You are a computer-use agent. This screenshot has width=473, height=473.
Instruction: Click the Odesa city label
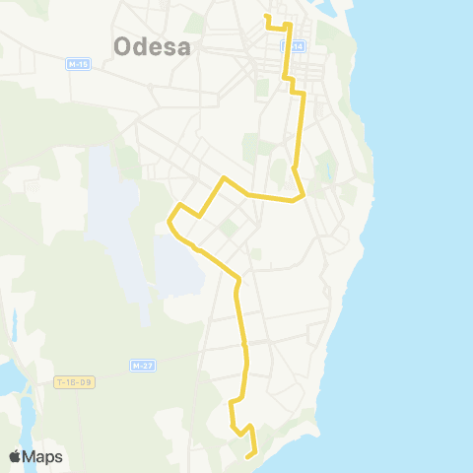(152, 46)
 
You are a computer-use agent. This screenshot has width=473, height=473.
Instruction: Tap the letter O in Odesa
(123, 46)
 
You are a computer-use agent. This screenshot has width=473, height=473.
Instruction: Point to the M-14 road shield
(292, 46)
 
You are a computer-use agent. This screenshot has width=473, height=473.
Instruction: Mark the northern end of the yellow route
(266, 16)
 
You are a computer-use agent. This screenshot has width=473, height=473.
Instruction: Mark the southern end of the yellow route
(246, 457)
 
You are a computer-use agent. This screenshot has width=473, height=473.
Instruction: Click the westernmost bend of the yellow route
(169, 224)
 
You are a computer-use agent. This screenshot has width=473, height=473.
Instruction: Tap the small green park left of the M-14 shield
(262, 87)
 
